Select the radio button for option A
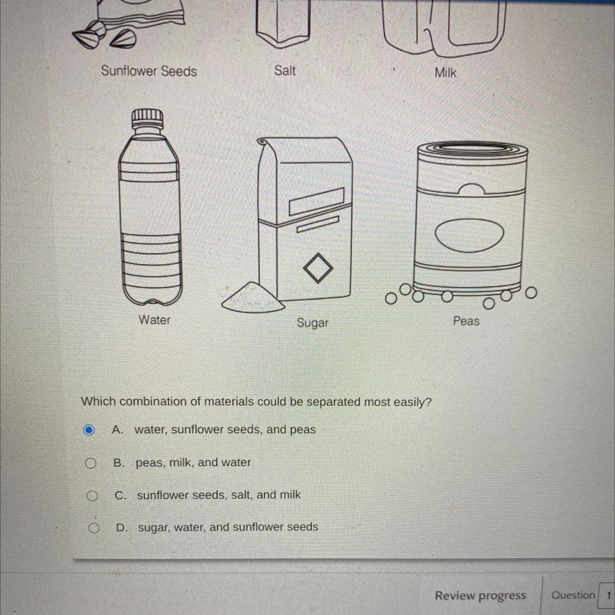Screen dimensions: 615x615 [89, 430]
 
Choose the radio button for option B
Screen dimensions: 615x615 [91, 463]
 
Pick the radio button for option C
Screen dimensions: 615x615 [92, 496]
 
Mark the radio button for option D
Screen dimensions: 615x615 [93, 528]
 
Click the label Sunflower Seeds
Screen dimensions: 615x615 [149, 71]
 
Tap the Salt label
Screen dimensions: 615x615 [285, 71]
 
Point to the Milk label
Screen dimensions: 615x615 [445, 73]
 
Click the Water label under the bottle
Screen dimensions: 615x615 [154, 320]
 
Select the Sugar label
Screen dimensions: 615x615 [313, 323]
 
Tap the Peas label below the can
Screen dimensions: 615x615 [466, 321]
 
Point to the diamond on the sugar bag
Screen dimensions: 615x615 [318, 268]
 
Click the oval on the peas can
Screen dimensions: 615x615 [469, 235]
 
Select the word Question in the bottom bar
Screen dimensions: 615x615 [573, 595]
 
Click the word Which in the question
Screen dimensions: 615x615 [98, 401]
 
